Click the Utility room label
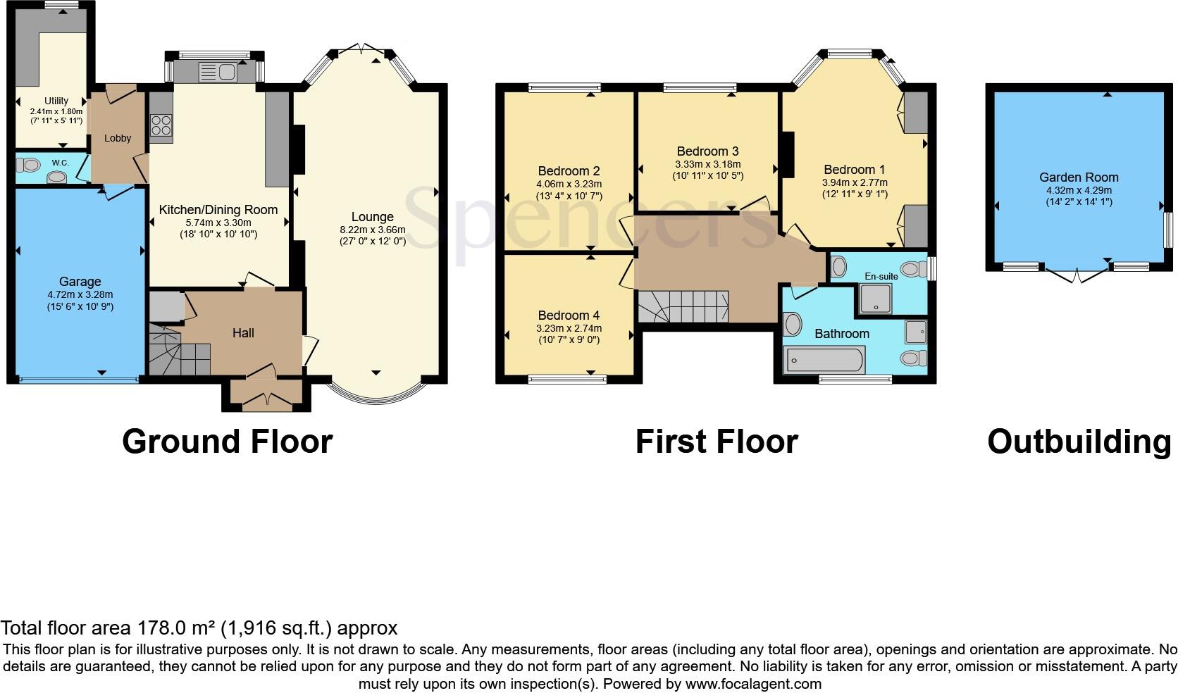[x=56, y=101]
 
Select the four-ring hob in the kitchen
[x=161, y=125]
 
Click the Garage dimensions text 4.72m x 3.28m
[x=80, y=294]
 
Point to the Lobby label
[x=118, y=138]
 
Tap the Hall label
[x=243, y=332]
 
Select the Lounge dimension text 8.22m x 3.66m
[x=373, y=230]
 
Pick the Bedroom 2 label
[x=569, y=170]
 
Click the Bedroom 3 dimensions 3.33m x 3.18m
[x=707, y=164]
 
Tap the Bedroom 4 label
[x=569, y=315]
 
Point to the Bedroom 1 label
[x=854, y=169]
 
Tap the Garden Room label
[x=1078, y=177]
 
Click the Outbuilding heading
[x=1079, y=442]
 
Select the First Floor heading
[x=716, y=442]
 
